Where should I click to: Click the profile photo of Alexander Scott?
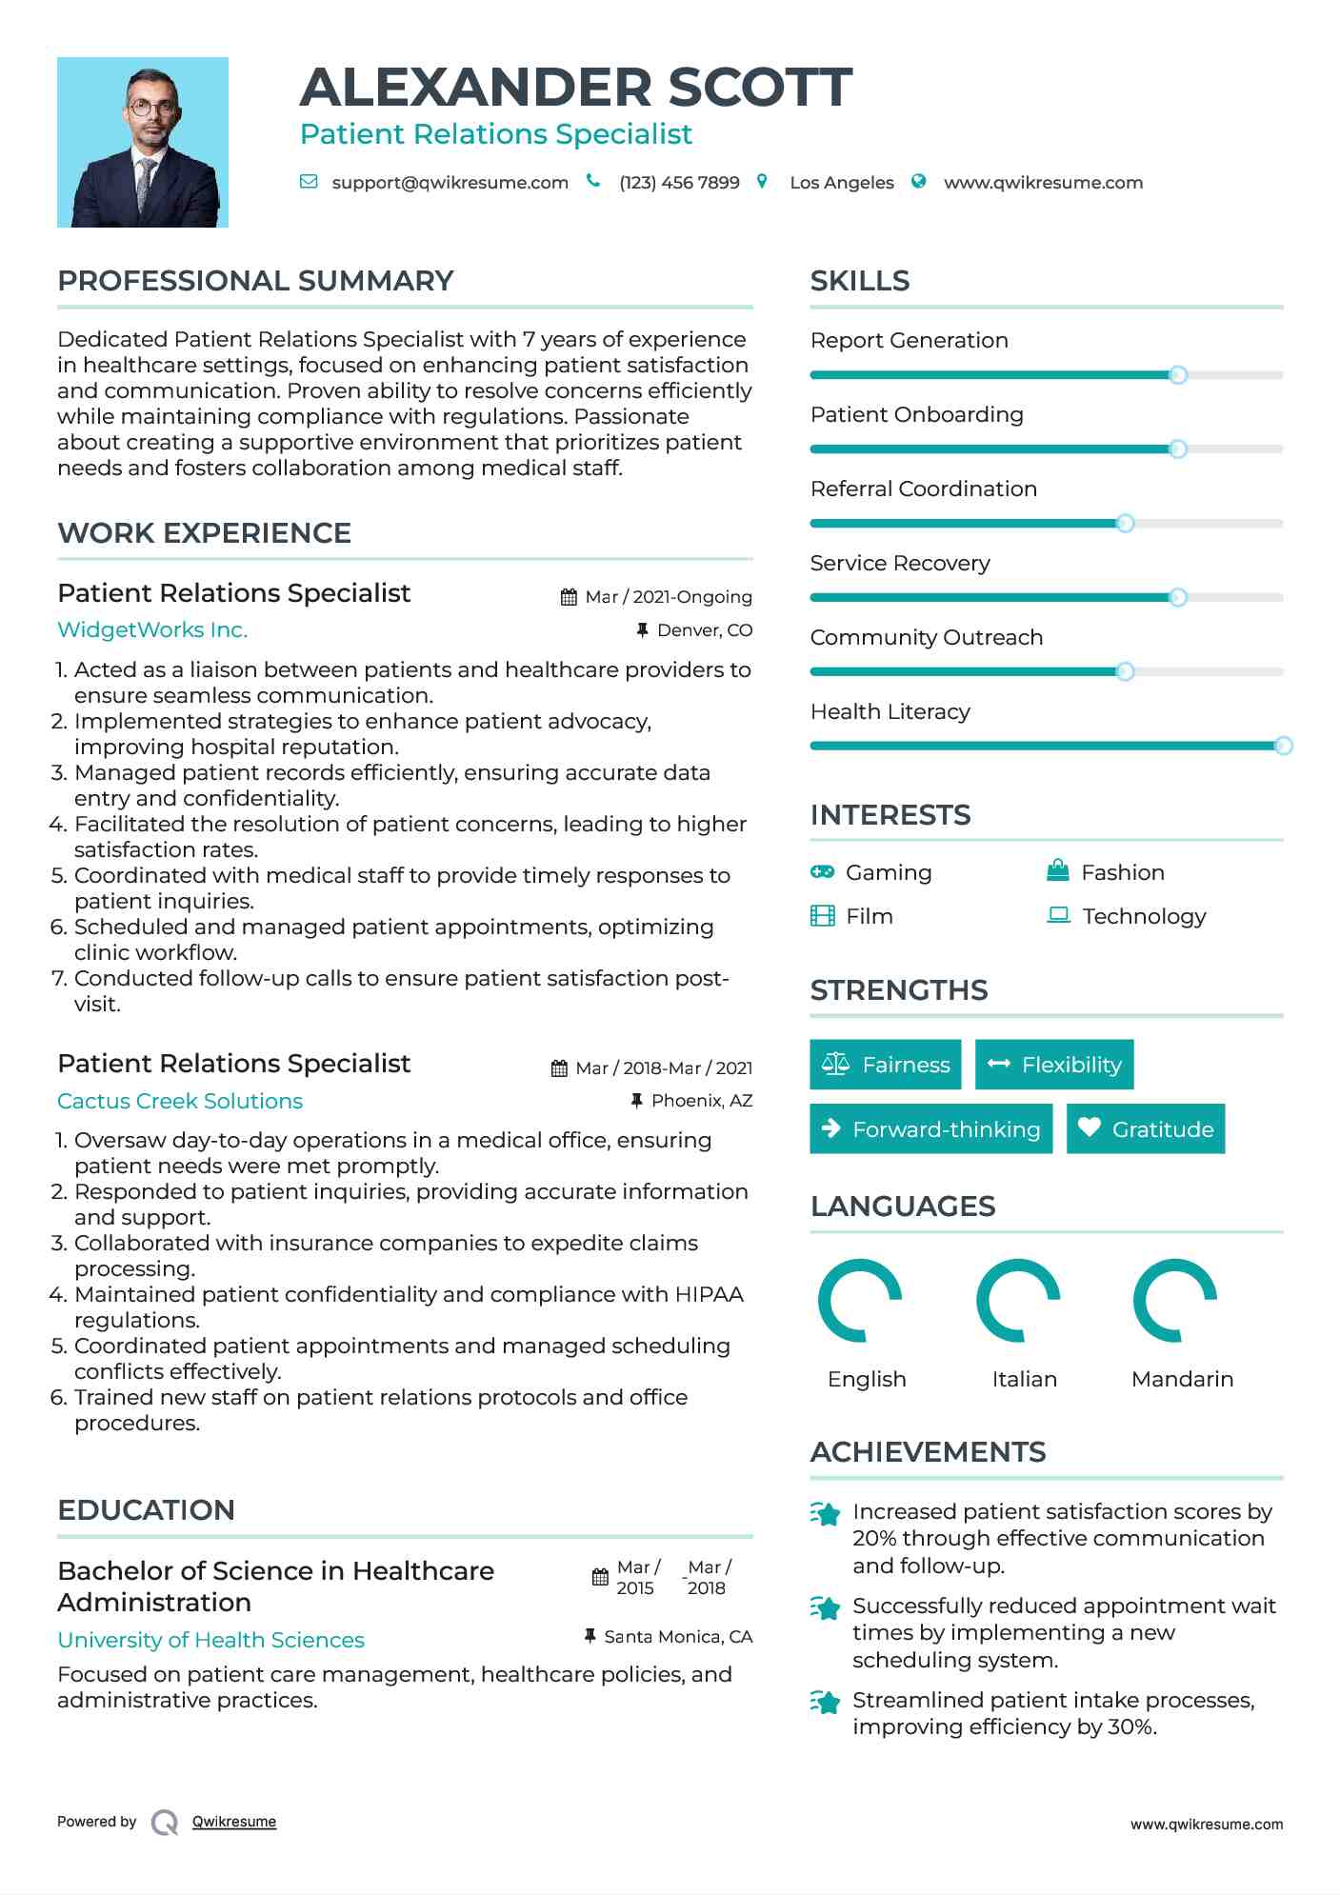[143, 142]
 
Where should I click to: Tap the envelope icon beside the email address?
[309, 182]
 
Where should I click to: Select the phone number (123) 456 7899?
[679, 183]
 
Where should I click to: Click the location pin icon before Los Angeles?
[762, 181]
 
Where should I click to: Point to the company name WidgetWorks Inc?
[152, 629]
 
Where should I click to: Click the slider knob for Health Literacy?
[1283, 746]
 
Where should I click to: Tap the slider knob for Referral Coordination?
[1125, 523]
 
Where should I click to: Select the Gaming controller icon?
[822, 871]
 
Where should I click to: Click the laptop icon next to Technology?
[1058, 915]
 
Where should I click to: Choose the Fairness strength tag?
[885, 1065]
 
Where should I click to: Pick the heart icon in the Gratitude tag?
[1090, 1127]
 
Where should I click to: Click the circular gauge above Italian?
[1018, 1300]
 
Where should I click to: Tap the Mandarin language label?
[1182, 1379]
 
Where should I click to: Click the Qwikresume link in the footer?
[234, 1822]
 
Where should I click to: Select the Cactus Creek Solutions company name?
[180, 1101]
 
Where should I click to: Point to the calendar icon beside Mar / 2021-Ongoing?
[569, 597]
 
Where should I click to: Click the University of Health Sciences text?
[211, 1640]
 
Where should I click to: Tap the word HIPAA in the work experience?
[710, 1294]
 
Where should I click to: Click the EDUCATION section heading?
[146, 1510]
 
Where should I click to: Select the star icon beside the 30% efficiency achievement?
[825, 1702]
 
